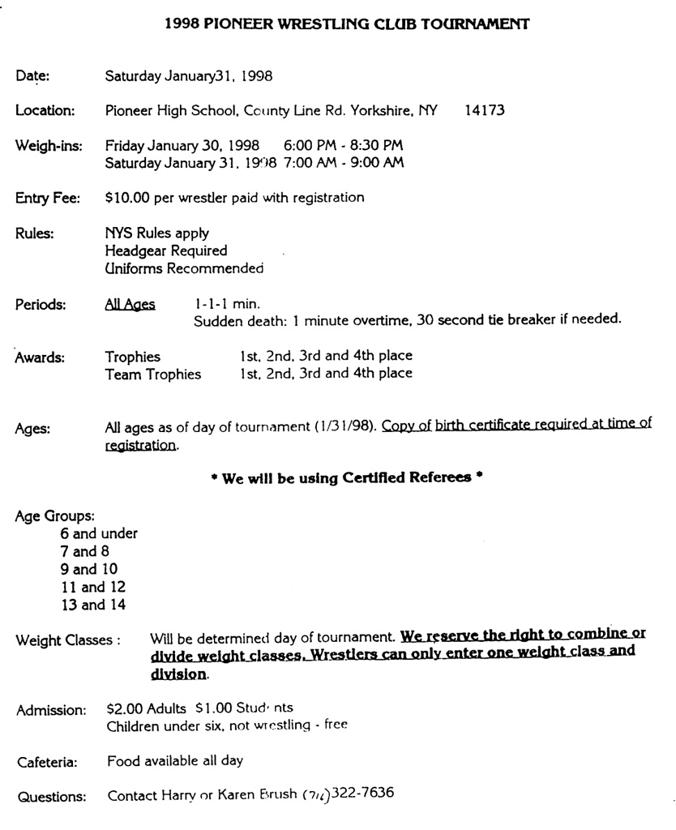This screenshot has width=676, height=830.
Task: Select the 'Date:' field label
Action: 32,77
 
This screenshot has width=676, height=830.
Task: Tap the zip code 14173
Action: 485,111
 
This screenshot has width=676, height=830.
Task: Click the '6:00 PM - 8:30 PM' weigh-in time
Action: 343,146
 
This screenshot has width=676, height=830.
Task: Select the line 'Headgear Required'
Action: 166,250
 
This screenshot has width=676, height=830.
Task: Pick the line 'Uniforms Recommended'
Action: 185,267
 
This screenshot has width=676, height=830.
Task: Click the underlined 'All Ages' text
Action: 130,304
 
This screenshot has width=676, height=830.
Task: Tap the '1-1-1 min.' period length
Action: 227,304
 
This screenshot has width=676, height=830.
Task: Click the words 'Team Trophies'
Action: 153,374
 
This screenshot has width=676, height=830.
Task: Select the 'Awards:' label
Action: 38,357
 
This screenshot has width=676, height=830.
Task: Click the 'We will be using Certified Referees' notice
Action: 341,478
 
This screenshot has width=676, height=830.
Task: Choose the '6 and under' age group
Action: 100,533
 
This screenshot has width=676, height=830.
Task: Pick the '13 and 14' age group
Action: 93,605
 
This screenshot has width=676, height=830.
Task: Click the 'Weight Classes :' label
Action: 69,640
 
